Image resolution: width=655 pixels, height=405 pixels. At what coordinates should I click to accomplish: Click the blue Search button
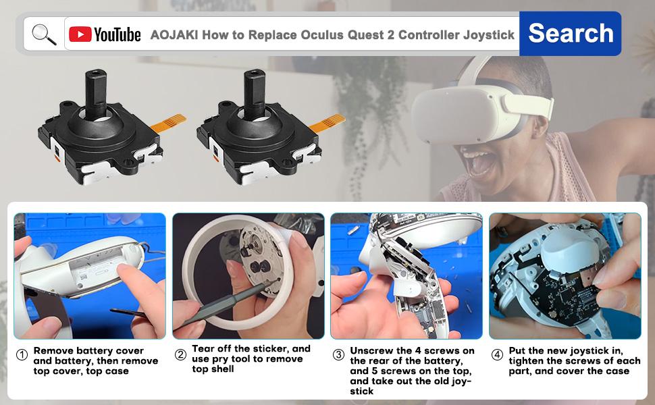pyautogui.click(x=571, y=33)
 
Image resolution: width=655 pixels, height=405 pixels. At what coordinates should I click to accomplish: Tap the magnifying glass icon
pyautogui.click(x=44, y=34)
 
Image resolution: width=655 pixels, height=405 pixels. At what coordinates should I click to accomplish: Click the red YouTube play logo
pyautogui.click(x=80, y=34)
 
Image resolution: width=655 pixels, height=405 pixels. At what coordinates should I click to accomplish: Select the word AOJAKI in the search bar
pyautogui.click(x=174, y=35)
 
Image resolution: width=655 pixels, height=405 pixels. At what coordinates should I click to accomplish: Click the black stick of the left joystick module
pyautogui.click(x=93, y=90)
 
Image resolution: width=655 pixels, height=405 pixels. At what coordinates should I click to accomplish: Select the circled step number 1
pyautogui.click(x=22, y=355)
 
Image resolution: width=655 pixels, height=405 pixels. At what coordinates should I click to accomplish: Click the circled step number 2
pyautogui.click(x=180, y=355)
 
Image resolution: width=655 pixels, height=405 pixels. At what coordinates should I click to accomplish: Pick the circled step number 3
pyautogui.click(x=338, y=355)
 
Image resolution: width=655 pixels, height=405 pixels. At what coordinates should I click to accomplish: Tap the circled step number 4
pyautogui.click(x=498, y=355)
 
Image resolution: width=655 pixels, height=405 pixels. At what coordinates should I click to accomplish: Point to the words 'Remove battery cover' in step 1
pyautogui.click(x=88, y=351)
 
